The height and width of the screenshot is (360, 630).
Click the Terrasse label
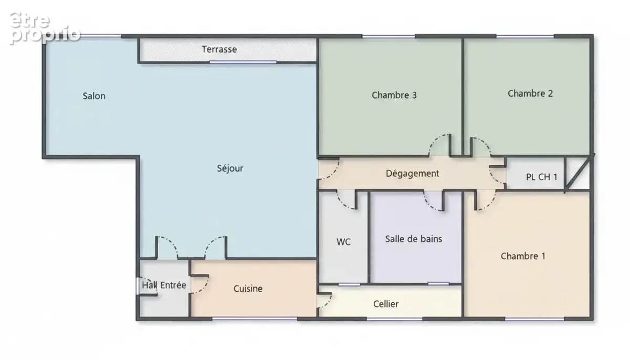click(x=219, y=49)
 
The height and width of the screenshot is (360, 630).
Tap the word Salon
click(x=94, y=96)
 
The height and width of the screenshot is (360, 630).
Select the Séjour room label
click(x=230, y=168)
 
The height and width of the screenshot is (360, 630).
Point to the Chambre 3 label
click(x=394, y=96)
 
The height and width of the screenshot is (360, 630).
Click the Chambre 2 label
click(x=530, y=93)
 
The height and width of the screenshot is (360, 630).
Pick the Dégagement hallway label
click(x=412, y=174)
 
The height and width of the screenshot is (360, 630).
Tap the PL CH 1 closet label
click(x=541, y=177)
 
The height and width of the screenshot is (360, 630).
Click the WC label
click(x=343, y=242)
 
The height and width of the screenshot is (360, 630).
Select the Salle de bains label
click(x=414, y=239)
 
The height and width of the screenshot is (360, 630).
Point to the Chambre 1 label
click(x=523, y=256)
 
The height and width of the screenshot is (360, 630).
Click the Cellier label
click(x=386, y=304)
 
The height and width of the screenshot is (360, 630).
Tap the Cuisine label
click(x=248, y=289)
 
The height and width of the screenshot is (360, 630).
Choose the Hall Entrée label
click(x=164, y=285)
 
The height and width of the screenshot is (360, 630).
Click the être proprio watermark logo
click(x=45, y=28)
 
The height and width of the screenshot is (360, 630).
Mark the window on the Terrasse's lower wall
click(x=243, y=62)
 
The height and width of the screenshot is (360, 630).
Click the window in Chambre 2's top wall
click(x=525, y=37)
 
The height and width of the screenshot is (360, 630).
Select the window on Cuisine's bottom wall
click(x=255, y=319)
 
